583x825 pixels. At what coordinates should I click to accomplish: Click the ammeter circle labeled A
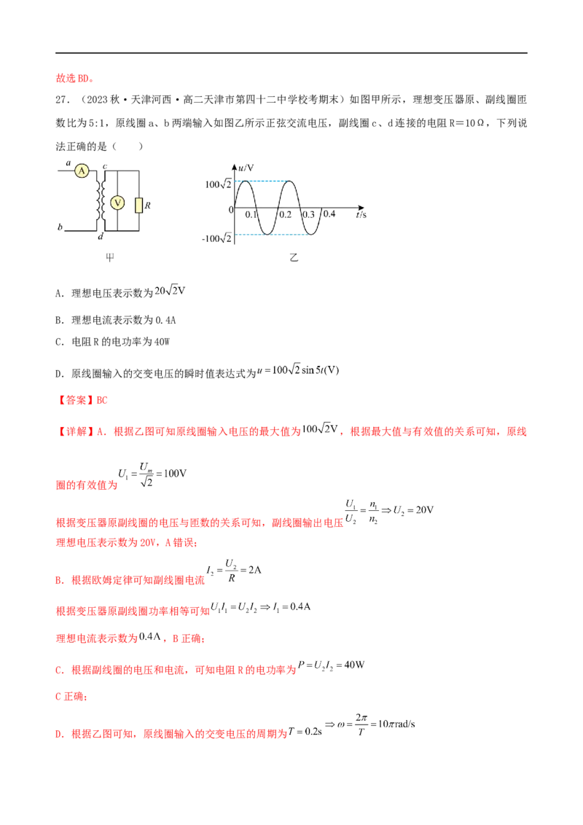82,171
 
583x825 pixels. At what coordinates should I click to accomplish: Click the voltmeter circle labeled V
117,203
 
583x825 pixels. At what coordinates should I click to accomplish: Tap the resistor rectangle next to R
139,206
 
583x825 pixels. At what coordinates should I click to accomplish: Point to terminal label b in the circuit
60,227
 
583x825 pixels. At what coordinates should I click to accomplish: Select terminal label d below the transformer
101,237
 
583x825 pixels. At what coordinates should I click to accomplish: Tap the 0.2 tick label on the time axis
285,215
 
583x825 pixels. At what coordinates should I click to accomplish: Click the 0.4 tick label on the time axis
329,214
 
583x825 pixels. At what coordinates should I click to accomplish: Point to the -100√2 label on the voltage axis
216,238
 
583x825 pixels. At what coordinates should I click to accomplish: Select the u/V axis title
246,168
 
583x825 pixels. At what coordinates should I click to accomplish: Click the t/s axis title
361,215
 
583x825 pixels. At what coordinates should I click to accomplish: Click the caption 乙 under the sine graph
294,257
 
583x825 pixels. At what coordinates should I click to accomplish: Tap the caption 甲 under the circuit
110,257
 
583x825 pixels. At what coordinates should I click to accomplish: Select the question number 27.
63,100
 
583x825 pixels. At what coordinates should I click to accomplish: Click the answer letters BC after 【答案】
102,400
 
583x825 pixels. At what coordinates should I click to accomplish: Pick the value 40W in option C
162,342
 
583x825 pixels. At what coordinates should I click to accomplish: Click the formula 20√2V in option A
170,291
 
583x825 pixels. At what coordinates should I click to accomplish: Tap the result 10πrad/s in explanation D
396,724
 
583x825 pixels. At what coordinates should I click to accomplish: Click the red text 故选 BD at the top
75,79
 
